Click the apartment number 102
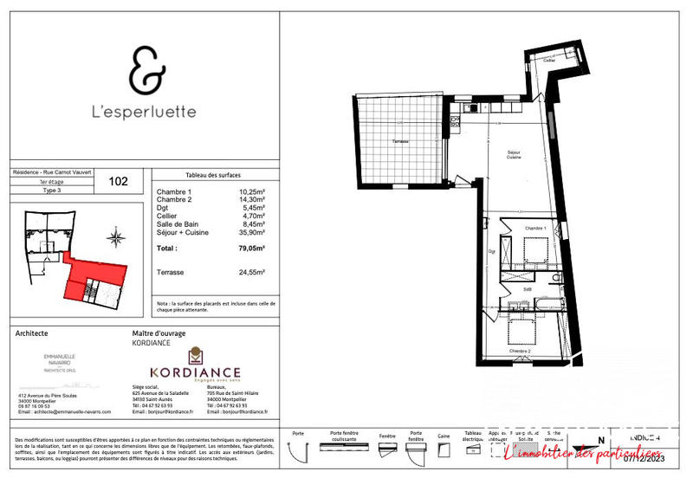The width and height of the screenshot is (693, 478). tap(119, 181)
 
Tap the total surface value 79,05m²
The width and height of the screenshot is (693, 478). tap(250, 247)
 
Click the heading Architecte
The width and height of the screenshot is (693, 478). tap(32, 333)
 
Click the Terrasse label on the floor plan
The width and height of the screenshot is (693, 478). tap(400, 141)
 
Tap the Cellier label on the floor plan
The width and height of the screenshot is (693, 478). tap(549, 61)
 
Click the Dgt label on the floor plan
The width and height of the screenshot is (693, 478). tap(491, 251)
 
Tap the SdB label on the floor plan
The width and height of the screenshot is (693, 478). tap(528, 289)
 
